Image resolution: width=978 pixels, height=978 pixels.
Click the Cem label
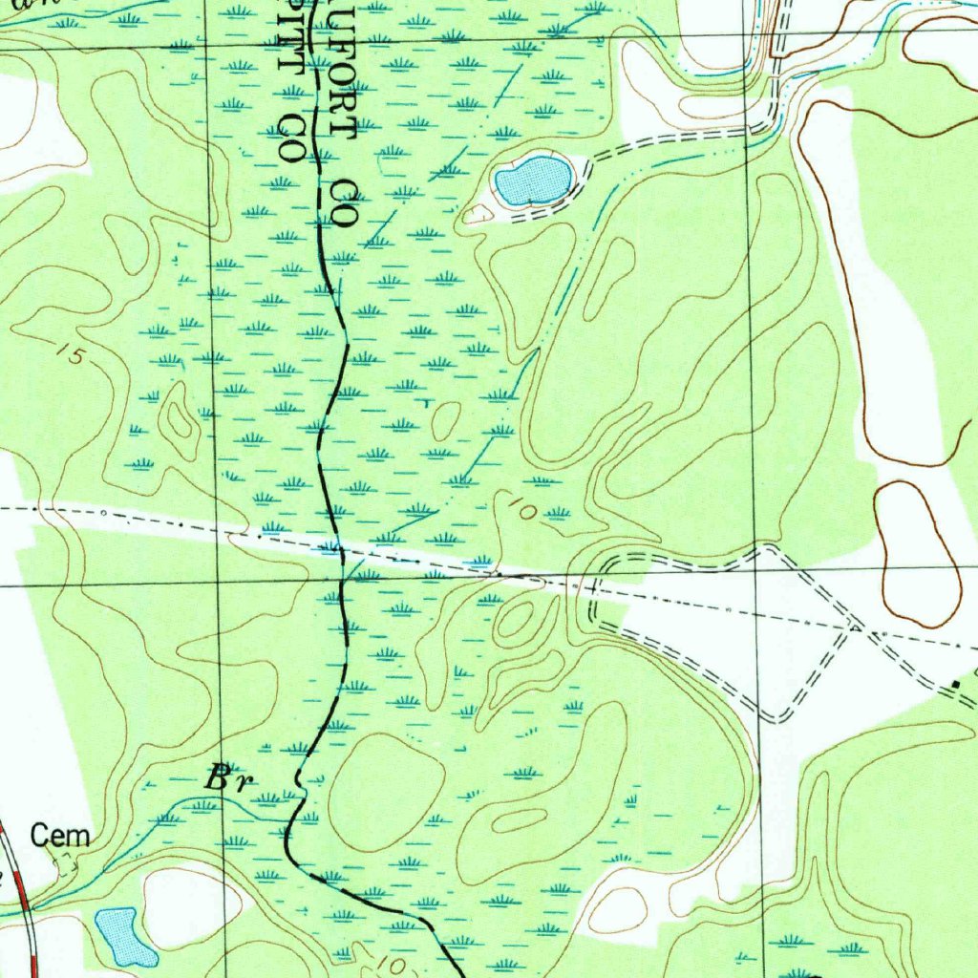coord(60,837)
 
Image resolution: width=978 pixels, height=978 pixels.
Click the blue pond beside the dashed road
coord(533,181)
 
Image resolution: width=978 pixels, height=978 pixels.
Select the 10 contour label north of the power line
coord(522,508)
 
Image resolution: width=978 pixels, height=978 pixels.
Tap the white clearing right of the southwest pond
coord(191,907)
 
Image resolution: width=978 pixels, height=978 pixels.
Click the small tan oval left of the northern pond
coord(476,214)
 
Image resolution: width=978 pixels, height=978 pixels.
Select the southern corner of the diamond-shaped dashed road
coord(779,719)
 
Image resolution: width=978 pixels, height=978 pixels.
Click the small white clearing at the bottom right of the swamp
coord(620,907)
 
